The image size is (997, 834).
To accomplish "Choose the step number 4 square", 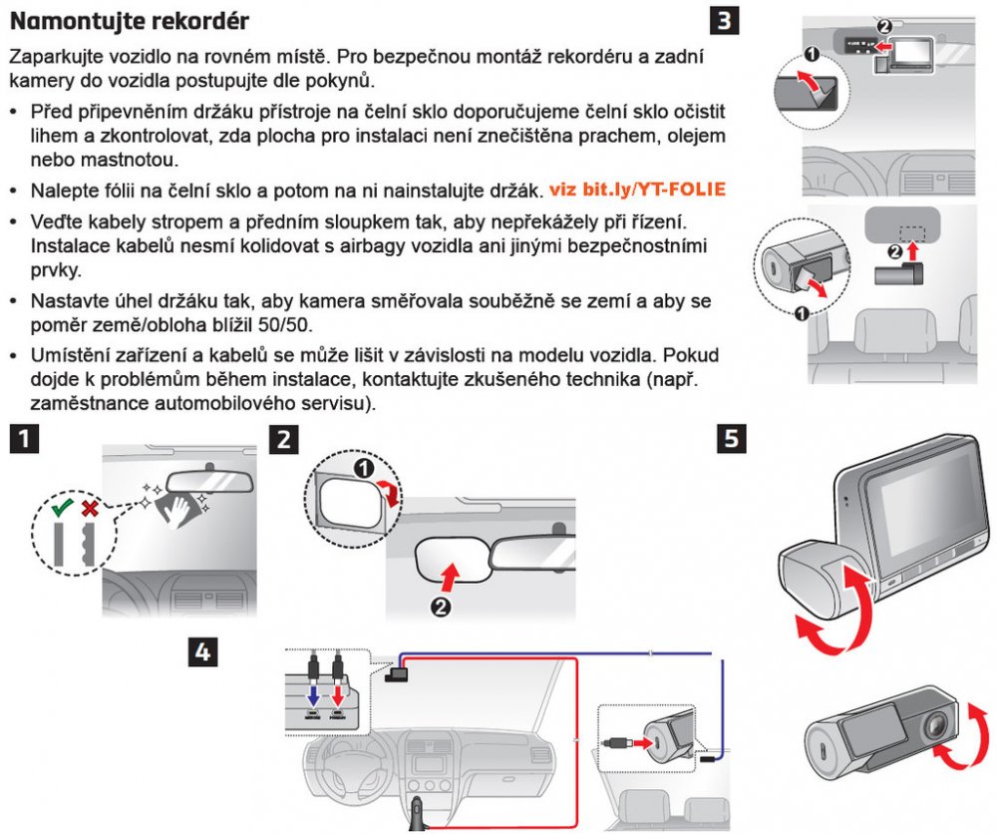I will click(201, 652).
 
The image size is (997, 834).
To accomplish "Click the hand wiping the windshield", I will click(176, 511).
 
